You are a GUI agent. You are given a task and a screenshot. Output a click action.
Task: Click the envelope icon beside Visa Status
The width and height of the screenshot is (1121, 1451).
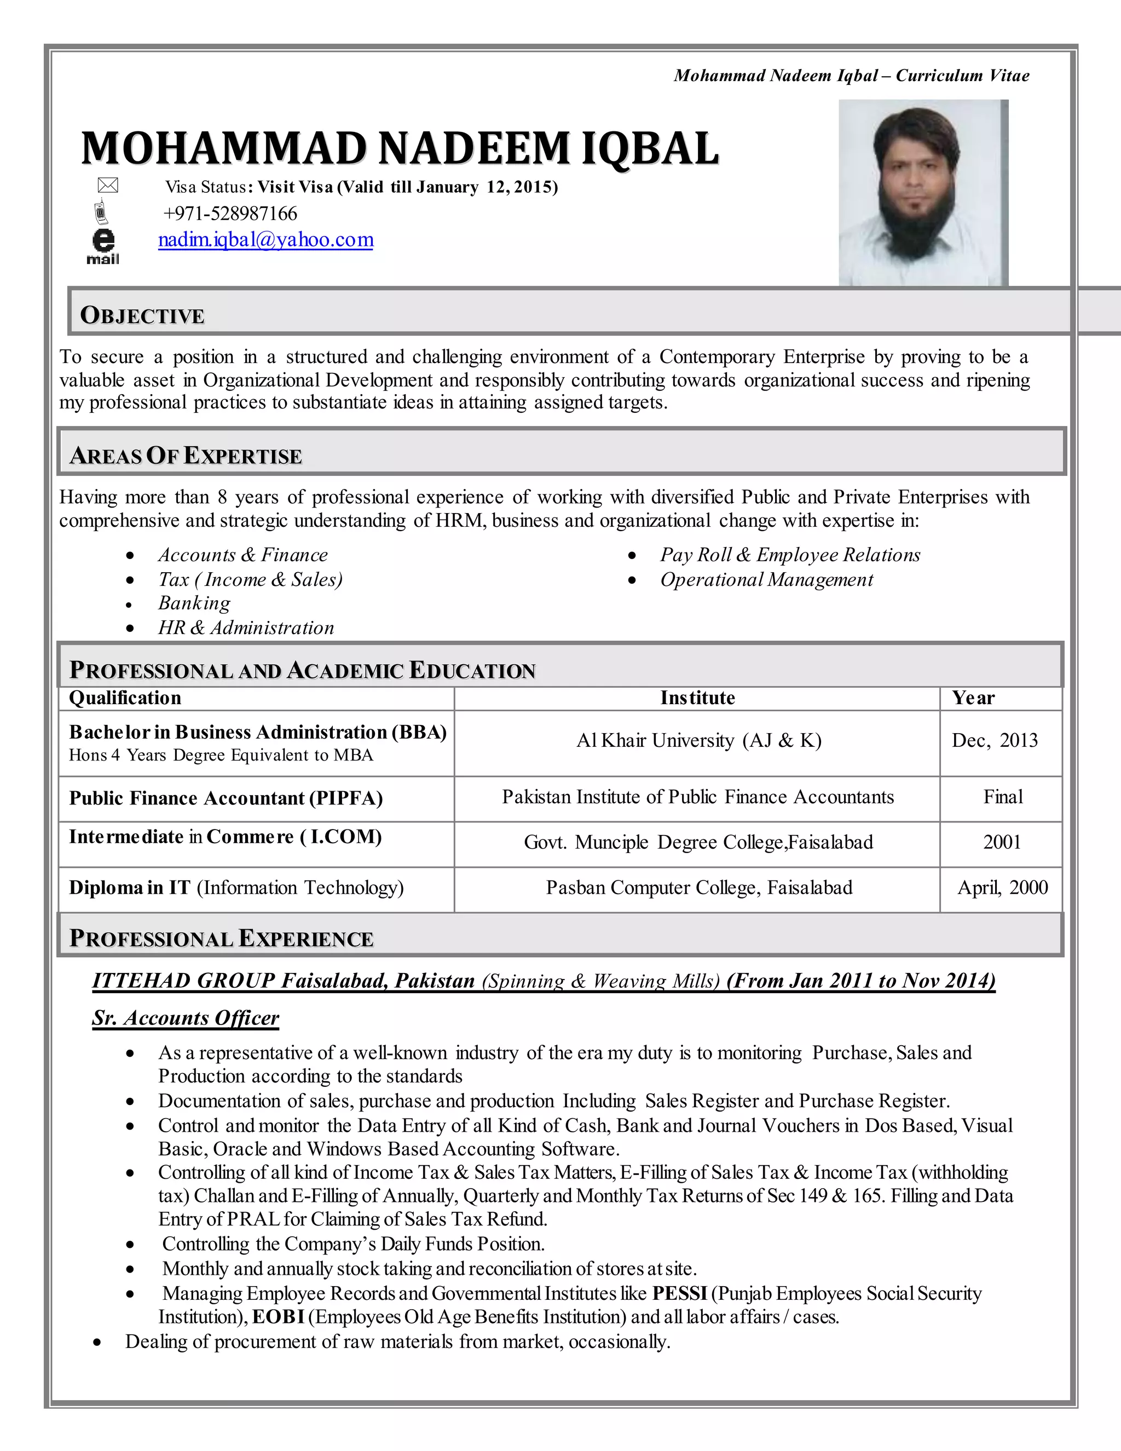108,186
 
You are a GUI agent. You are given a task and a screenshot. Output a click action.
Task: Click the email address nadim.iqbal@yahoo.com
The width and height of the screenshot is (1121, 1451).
265,239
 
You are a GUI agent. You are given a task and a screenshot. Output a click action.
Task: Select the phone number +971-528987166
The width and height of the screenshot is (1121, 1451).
230,213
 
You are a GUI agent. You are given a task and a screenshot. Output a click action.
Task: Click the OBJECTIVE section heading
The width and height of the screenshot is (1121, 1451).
142,315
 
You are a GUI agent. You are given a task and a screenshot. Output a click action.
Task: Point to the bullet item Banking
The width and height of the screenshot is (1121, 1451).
194,603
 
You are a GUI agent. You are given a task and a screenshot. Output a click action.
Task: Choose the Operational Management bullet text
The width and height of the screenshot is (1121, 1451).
766,579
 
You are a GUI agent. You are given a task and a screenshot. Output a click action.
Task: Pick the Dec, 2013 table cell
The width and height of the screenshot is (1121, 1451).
994,740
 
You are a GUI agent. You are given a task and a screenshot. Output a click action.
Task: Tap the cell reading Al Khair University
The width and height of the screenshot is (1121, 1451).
698,740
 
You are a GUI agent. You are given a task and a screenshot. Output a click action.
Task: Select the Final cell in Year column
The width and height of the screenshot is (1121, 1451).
1003,797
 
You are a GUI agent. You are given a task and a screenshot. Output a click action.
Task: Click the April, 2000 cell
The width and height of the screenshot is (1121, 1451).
1002,888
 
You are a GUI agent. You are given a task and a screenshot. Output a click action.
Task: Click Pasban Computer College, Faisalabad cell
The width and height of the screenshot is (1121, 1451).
698,888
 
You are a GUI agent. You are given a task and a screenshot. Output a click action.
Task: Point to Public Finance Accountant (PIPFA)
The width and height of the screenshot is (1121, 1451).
226,798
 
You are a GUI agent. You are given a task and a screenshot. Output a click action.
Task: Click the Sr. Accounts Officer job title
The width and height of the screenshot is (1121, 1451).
186,1018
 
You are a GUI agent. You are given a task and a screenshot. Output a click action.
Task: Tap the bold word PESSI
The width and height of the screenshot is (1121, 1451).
679,1293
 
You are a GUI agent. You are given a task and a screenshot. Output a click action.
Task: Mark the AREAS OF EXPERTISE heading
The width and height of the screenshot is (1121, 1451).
186,456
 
